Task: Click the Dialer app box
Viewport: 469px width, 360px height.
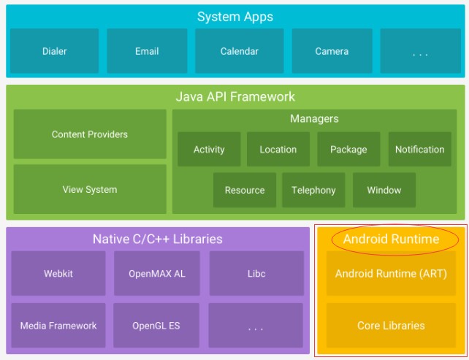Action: point(55,51)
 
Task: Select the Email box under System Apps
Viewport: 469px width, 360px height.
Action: point(147,51)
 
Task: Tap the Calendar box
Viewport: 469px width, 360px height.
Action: point(240,51)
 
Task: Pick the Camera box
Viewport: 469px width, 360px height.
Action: point(332,51)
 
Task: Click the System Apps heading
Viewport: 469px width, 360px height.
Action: point(235,17)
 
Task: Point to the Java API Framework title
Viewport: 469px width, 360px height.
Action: point(235,96)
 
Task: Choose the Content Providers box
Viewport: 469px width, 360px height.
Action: point(90,134)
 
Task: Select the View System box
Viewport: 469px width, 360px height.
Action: point(90,189)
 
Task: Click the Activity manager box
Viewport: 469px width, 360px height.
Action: point(209,149)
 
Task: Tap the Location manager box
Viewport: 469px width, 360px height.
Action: point(278,149)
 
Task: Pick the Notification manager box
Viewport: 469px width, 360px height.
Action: point(420,149)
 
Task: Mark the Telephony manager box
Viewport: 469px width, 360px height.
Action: point(313,190)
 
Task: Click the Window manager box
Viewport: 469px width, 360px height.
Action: point(384,190)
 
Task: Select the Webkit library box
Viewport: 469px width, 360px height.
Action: point(58,273)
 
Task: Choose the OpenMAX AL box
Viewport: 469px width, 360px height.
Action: point(157,273)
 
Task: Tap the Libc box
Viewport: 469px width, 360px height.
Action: point(256,273)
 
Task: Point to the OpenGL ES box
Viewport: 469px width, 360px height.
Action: point(156,326)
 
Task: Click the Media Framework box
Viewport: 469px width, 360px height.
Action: point(58,326)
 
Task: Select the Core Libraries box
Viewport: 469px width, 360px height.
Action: point(391,326)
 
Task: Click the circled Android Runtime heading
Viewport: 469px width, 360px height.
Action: point(392,239)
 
